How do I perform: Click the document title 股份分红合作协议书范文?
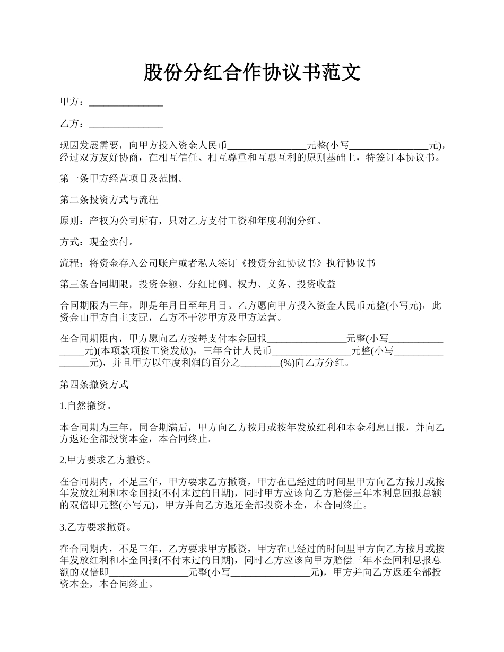click(252, 73)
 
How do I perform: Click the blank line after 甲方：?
click(126, 102)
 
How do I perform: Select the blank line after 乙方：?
click(126, 124)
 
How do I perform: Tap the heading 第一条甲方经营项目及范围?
click(123, 179)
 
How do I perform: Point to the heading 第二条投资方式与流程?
click(109, 200)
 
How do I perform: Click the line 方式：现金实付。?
click(97, 242)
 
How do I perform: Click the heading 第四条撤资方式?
click(94, 384)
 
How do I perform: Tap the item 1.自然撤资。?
click(85, 406)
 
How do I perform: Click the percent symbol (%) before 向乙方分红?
click(287, 363)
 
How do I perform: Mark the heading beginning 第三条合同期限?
click(198, 285)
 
